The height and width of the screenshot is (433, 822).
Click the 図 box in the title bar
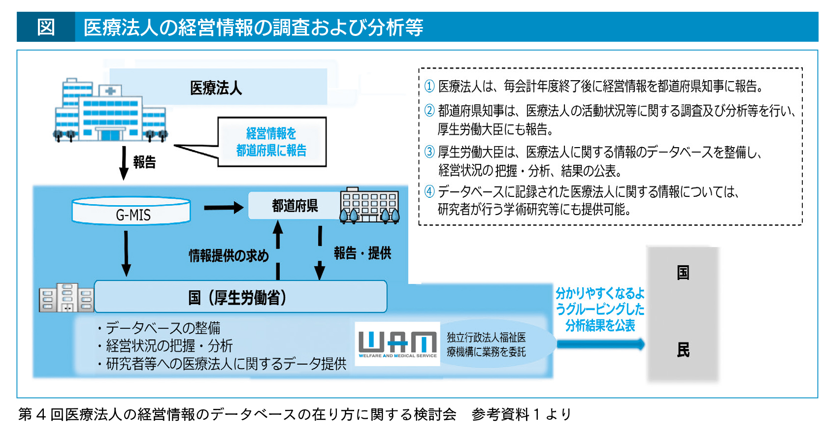[46, 27]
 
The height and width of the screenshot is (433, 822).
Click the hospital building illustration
[110, 111]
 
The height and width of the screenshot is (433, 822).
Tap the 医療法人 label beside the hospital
[216, 88]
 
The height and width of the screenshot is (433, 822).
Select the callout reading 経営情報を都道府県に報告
[271, 142]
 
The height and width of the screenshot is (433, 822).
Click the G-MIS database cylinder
[131, 212]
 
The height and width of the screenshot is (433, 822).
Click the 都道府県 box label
[295, 206]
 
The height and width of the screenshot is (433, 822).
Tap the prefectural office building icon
[369, 206]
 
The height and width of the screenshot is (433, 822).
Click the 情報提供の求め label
[229, 255]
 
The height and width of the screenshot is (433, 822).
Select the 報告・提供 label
[362, 253]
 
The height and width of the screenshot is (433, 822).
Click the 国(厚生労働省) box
[240, 297]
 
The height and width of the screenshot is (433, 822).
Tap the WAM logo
[397, 343]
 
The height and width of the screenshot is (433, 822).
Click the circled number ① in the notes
[429, 87]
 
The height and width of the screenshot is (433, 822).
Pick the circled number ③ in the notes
[429, 152]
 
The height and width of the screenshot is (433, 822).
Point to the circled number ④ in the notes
[429, 191]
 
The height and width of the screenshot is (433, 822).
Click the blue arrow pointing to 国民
[600, 344]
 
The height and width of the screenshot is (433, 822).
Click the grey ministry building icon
[66, 297]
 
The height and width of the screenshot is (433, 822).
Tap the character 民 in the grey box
[683, 350]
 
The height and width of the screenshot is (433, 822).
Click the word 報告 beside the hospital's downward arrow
[144, 162]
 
